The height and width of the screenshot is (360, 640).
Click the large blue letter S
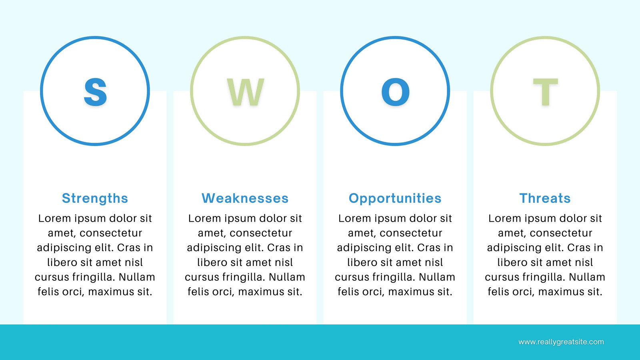point(95,92)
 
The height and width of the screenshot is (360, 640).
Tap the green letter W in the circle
point(246,92)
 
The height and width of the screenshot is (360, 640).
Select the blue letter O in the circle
point(396,92)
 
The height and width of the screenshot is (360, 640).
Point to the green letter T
point(546,92)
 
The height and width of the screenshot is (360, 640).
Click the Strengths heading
point(95,198)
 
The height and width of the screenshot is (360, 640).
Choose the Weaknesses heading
point(245,198)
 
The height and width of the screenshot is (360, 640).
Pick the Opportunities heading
point(395,198)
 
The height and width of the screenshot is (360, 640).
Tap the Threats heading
point(545,198)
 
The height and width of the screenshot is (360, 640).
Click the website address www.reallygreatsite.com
point(561,342)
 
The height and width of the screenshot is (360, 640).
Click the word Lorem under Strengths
point(54,218)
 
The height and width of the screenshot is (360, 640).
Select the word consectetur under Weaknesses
point(261,233)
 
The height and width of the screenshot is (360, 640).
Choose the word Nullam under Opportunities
point(437,277)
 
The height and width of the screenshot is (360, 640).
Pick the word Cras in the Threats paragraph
point(578,248)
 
